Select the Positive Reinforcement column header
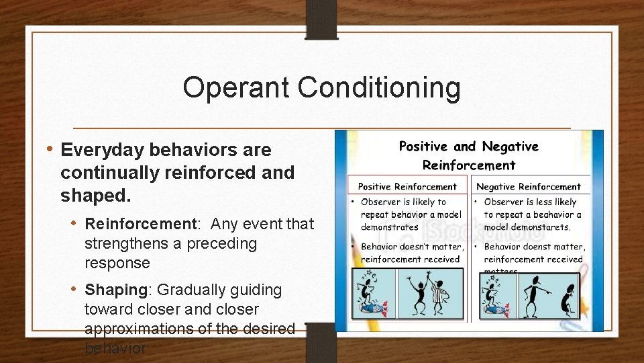(407, 187)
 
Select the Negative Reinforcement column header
(529, 187)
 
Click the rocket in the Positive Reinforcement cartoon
(371, 307)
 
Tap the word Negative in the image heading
(511, 147)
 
